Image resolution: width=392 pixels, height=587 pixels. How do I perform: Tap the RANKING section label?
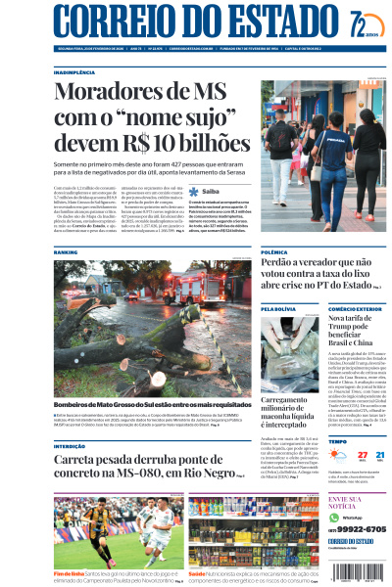tap(66, 251)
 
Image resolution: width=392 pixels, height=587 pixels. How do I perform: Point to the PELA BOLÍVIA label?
tap(279, 308)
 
